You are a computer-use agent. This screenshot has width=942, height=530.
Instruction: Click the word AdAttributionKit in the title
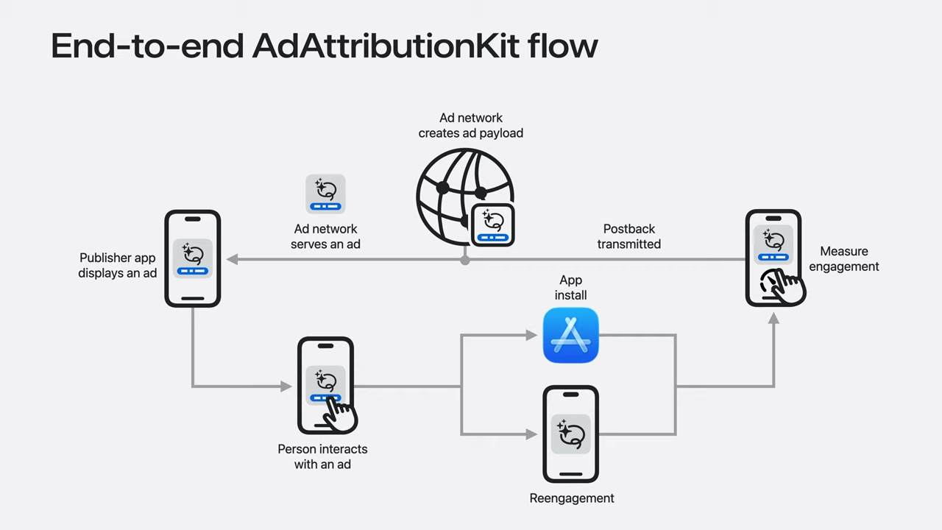coord(386,46)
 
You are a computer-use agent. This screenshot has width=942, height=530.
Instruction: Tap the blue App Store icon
coord(570,335)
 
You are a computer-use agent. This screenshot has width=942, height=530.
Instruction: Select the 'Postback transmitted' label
coord(629,236)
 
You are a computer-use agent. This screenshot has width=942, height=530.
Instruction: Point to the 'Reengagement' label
coord(572,498)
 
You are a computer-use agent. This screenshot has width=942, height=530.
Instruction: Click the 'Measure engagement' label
coord(844,258)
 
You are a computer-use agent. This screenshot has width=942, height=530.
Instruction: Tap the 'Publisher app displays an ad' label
coord(117,265)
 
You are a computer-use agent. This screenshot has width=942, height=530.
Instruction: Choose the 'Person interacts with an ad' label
coord(322,456)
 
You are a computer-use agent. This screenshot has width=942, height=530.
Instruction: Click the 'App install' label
coord(570,287)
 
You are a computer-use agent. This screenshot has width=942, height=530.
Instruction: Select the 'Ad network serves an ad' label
coord(325,236)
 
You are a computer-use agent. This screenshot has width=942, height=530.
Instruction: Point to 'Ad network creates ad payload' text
coord(470,125)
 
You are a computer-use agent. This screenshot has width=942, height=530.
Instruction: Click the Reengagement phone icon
coord(570,434)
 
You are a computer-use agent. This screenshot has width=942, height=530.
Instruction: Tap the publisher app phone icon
coord(193,258)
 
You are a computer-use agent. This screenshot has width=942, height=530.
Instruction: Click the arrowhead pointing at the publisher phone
coord(233,260)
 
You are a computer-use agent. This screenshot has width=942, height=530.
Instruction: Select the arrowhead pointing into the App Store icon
coord(532,335)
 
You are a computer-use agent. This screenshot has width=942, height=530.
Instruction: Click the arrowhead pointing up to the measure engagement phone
coord(773,319)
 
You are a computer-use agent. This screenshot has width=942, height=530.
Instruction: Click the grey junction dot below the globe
coord(464,261)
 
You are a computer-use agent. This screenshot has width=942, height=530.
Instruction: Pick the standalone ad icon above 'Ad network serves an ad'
coord(325,194)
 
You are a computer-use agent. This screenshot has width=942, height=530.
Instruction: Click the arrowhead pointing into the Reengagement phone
coord(532,434)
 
